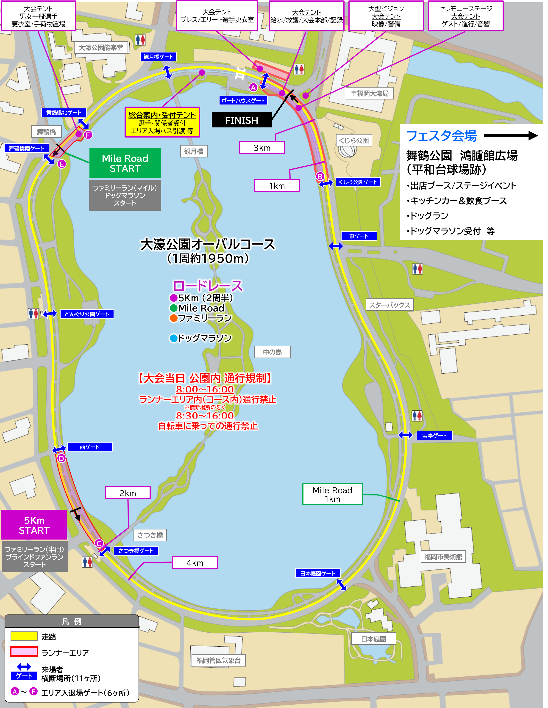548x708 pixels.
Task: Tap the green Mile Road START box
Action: pos(125,163)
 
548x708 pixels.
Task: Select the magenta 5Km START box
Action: pos(34,525)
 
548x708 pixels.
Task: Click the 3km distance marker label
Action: pos(262,148)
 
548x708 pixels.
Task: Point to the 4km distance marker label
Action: pos(195,563)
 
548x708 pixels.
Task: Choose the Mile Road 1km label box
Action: pos(332,494)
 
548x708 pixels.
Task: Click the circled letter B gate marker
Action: pos(320,176)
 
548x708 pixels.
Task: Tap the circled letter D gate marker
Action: pos(61,458)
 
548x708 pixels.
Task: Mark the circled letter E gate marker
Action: pos(62,164)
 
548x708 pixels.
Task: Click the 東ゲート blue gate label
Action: pos(359,236)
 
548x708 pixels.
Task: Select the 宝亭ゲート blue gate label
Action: pos(434,436)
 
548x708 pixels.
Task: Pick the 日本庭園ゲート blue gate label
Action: pos(317,573)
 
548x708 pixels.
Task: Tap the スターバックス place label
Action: pos(389,305)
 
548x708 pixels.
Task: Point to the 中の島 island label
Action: pos(272,352)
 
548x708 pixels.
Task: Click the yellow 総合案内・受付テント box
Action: pos(162,122)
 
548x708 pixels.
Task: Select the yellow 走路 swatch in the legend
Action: pos(24,636)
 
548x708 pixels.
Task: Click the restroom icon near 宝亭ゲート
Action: pos(417,416)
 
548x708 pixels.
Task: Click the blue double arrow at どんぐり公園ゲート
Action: pos(50,314)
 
